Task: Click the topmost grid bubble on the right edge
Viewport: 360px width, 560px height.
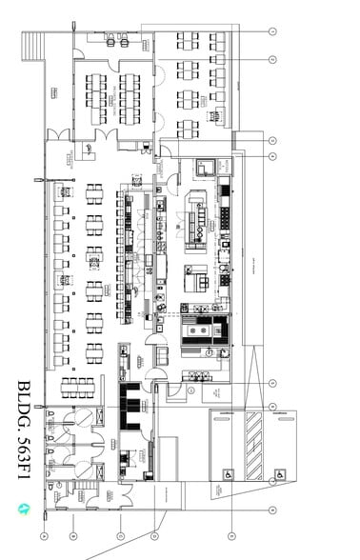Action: click(271, 31)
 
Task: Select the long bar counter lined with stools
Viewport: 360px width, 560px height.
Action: click(125, 257)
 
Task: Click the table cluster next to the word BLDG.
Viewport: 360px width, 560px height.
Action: click(79, 388)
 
